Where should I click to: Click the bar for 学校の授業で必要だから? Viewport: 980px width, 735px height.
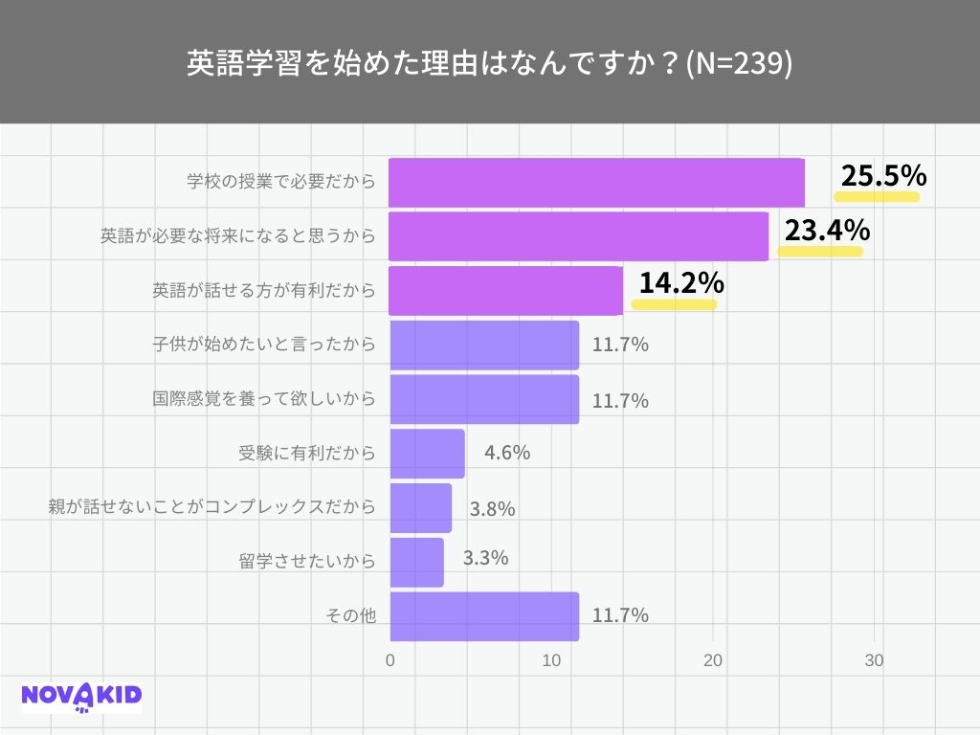(x=596, y=182)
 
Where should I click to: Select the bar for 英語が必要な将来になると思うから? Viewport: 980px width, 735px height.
(x=579, y=236)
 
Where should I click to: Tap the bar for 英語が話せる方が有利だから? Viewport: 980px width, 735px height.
(x=505, y=290)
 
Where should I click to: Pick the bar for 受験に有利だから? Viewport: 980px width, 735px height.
(x=427, y=454)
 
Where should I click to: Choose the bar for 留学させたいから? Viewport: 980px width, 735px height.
(x=416, y=563)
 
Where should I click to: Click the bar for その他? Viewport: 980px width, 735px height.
(x=484, y=616)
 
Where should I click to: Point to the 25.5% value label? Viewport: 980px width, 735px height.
(x=883, y=176)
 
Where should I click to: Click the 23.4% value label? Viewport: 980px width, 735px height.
(x=827, y=231)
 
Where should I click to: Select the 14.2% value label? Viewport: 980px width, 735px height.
(x=680, y=283)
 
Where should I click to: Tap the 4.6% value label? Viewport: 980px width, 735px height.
(x=507, y=453)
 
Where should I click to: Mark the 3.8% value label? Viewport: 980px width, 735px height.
(x=492, y=509)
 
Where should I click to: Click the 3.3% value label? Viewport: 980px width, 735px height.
(x=485, y=558)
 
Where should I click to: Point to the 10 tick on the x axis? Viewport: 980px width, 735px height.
(x=551, y=661)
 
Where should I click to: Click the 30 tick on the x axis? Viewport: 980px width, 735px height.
(x=873, y=661)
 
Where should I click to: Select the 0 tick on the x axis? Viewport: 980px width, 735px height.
(x=390, y=661)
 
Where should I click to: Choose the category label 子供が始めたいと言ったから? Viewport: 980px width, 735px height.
(x=264, y=344)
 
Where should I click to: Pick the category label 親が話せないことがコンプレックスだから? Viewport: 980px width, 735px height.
(x=212, y=507)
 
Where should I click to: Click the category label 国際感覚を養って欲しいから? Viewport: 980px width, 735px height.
(x=264, y=398)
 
